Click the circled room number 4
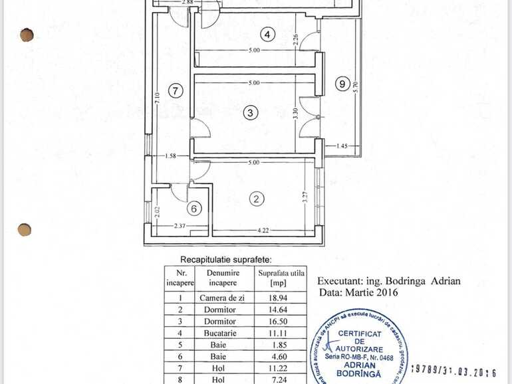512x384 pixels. click(x=267, y=35)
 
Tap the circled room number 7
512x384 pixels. click(x=176, y=91)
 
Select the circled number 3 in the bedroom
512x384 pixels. click(x=250, y=113)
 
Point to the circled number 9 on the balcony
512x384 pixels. click(x=342, y=84)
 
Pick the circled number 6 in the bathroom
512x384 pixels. click(x=194, y=209)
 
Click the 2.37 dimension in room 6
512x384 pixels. click(x=180, y=226)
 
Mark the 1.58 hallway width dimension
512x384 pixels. click(x=170, y=156)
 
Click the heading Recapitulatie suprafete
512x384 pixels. click(x=226, y=259)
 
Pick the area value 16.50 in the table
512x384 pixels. click(x=281, y=322)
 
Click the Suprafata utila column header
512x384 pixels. click(x=281, y=277)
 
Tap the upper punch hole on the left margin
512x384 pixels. click(x=27, y=35)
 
